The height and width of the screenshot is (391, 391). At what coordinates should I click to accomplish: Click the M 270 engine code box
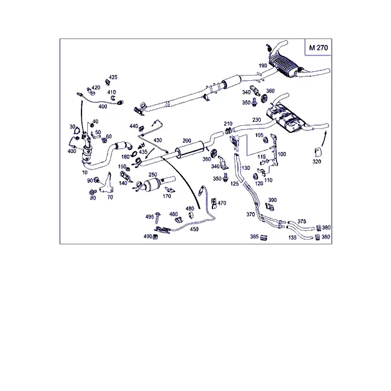click(319, 48)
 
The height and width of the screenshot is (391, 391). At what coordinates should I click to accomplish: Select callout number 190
click(263, 66)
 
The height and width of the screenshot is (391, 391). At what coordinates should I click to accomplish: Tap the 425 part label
click(113, 78)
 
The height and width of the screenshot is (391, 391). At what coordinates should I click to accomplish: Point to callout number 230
click(256, 120)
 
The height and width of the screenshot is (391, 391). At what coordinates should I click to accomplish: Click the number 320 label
click(317, 161)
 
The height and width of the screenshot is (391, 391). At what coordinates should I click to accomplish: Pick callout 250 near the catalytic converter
click(152, 175)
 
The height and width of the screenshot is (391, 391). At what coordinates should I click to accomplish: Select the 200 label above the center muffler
click(187, 141)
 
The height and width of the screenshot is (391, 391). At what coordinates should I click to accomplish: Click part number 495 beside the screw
click(149, 216)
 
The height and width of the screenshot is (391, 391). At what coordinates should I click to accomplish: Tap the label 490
click(148, 236)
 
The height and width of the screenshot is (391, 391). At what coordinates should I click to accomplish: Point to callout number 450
click(194, 229)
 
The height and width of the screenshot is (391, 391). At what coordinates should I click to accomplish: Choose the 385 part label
click(254, 238)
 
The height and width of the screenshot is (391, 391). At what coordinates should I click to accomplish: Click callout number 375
click(302, 222)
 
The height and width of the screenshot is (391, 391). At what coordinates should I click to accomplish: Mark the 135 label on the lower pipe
click(293, 238)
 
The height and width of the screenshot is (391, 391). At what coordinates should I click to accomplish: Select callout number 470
click(222, 203)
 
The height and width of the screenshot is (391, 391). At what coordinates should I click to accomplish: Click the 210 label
click(228, 123)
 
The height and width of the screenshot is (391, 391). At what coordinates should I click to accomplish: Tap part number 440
click(133, 126)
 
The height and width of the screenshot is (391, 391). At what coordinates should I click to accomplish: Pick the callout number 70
click(109, 196)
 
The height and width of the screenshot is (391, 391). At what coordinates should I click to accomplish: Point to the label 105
click(259, 136)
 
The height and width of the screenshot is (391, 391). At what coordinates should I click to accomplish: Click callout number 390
click(272, 200)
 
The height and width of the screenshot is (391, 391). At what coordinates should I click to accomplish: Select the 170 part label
click(167, 195)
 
